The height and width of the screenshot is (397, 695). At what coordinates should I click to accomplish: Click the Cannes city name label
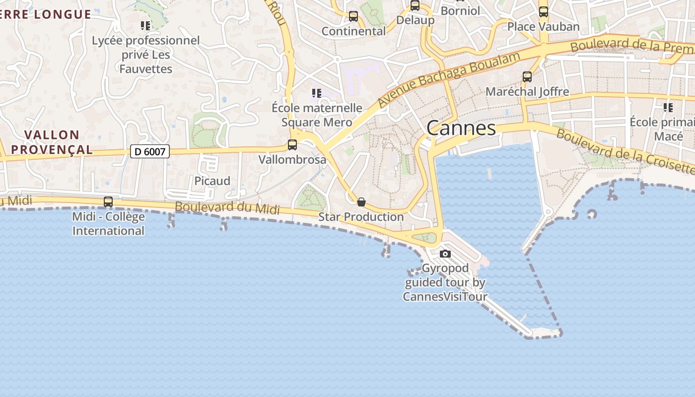click(x=461, y=128)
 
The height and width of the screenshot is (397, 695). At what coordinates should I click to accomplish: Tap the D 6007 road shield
click(x=150, y=151)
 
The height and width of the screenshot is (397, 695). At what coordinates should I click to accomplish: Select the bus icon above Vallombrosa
click(x=292, y=145)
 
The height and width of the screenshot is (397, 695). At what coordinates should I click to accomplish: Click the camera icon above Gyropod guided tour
click(x=445, y=254)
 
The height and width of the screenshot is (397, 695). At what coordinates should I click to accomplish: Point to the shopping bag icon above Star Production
click(x=361, y=202)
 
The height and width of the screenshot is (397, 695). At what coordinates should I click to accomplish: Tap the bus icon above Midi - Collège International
click(x=108, y=202)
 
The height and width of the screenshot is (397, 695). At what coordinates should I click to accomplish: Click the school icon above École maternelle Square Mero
click(x=317, y=93)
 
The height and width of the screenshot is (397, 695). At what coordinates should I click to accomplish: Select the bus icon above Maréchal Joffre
click(x=527, y=77)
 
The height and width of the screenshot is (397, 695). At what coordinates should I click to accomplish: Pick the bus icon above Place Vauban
click(x=544, y=12)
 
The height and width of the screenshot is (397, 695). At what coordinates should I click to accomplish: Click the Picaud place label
click(x=212, y=181)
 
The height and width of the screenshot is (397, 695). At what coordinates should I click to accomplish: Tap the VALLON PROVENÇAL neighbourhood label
click(x=52, y=142)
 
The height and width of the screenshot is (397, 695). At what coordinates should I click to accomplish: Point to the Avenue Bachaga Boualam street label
click(x=449, y=78)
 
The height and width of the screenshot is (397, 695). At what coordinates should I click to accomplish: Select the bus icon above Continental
click(x=353, y=16)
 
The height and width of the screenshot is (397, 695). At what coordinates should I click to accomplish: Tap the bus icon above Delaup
click(x=415, y=6)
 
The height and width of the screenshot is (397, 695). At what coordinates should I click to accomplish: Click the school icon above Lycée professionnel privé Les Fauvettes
click(x=145, y=25)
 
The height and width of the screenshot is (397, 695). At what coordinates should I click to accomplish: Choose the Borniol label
click(x=460, y=10)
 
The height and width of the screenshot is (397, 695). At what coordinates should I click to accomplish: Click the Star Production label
click(x=361, y=217)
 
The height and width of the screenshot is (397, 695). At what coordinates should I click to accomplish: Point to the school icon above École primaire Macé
click(x=668, y=107)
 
